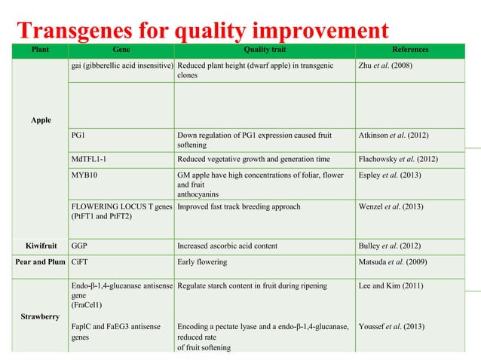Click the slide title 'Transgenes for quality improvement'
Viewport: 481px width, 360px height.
tap(202, 31)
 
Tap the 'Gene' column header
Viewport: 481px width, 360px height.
tap(121, 50)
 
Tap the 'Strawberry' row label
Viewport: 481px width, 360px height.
tap(41, 317)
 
